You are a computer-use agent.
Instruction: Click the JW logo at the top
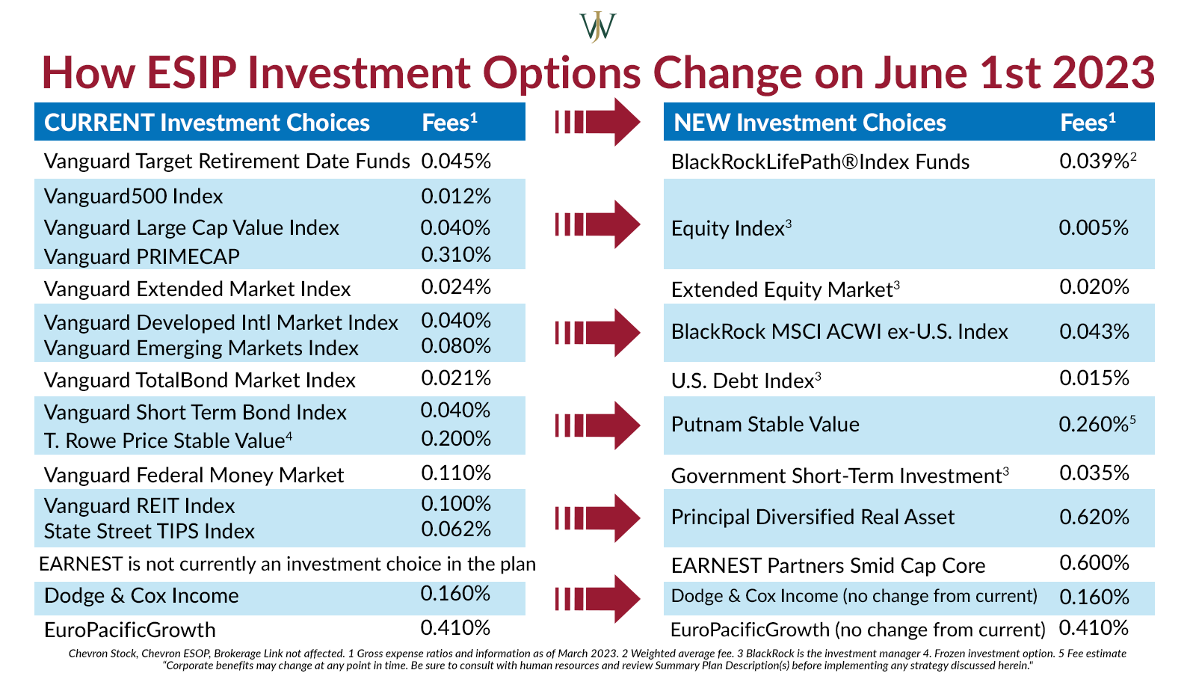pos(598,27)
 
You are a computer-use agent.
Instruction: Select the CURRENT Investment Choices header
pos(207,123)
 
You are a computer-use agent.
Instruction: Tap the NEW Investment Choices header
pos(810,123)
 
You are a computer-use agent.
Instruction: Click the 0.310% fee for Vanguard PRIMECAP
pos(456,255)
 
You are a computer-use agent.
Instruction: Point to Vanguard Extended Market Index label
pos(197,289)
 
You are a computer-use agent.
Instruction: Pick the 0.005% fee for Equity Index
pos(1093,227)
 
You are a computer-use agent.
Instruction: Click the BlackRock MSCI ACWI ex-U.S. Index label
pos(839,331)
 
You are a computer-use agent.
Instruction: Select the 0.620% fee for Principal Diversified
pos(1094,517)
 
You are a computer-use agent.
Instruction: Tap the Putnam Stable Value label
pos(765,425)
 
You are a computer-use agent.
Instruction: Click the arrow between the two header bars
pos(597,122)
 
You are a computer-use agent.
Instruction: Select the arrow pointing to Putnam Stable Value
pos(597,425)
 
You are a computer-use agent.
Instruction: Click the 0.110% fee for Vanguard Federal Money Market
pos(456,473)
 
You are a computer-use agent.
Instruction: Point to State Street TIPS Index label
pos(149,531)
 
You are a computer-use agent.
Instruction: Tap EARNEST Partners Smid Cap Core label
pos(827,565)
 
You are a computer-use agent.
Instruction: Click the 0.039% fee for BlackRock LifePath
pos(1093,162)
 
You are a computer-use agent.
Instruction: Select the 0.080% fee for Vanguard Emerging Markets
pos(456,345)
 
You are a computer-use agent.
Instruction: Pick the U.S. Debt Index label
pos(742,381)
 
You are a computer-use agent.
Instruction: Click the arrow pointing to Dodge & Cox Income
pos(597,598)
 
